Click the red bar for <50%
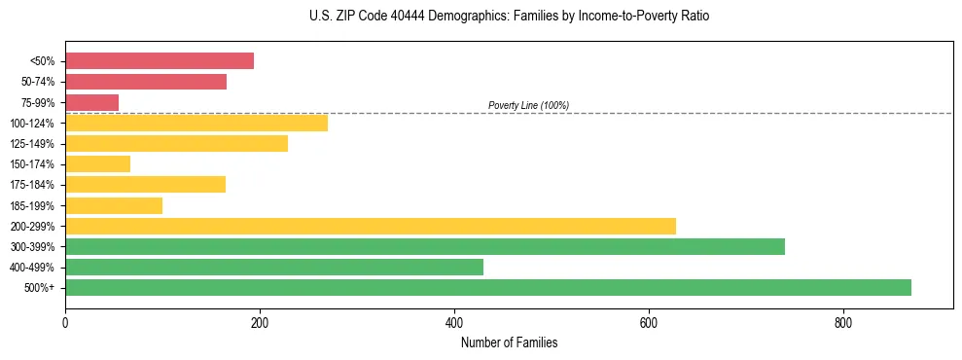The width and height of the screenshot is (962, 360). [160, 61]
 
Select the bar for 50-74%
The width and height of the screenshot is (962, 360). [146, 82]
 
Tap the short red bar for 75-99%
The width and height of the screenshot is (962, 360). [91, 102]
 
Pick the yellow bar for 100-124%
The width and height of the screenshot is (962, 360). [196, 123]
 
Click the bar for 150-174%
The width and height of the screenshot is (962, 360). [97, 163]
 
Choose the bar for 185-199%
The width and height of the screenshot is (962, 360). [114, 205]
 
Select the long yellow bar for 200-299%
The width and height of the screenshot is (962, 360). [371, 226]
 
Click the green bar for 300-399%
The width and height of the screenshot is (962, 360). [425, 246]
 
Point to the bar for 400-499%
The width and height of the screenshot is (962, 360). [274, 267]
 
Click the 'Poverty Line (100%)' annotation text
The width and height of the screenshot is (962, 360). [528, 105]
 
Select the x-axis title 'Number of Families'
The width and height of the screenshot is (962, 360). [509, 342]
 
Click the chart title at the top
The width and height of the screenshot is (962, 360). [509, 17]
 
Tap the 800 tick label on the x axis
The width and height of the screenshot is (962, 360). [843, 322]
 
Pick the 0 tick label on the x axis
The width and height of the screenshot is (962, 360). [65, 322]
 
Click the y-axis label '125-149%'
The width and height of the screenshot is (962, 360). [31, 144]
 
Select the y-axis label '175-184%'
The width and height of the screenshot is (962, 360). [31, 185]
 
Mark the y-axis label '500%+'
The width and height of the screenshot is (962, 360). [39, 288]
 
